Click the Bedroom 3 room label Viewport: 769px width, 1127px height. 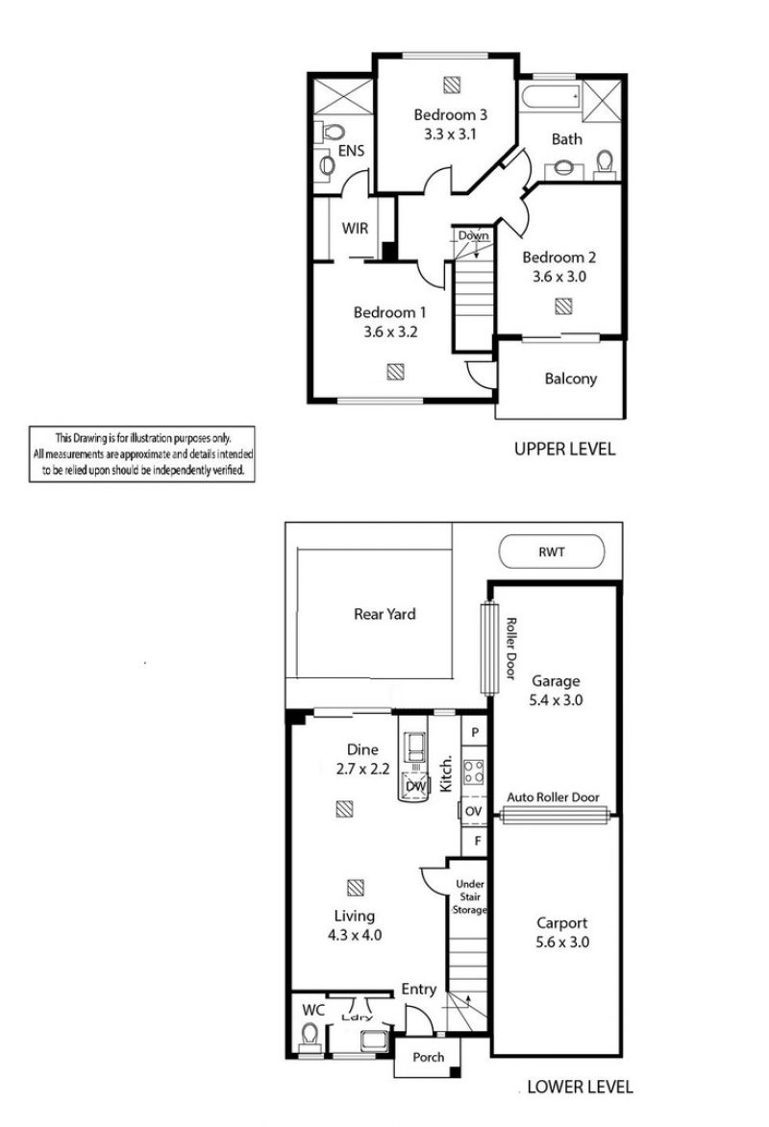pyautogui.click(x=450, y=115)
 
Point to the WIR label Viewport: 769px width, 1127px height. pyautogui.click(x=355, y=229)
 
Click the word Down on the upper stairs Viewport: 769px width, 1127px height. pyautogui.click(x=473, y=235)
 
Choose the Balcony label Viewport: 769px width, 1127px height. pyautogui.click(x=570, y=379)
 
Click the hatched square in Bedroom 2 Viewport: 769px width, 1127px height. pyautogui.click(x=563, y=306)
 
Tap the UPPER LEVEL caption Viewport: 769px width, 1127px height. pyautogui.click(x=564, y=450)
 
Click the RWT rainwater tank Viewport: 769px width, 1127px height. pyautogui.click(x=552, y=552)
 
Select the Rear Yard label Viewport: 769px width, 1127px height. pyautogui.click(x=384, y=614)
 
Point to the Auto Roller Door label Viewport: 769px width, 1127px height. pyautogui.click(x=553, y=797)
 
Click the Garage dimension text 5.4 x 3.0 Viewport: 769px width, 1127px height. pyautogui.click(x=556, y=700)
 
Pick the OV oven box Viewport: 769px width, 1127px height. pyautogui.click(x=473, y=811)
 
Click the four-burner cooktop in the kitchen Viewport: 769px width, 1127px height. pyautogui.click(x=473, y=772)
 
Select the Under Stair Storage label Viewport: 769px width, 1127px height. pyautogui.click(x=470, y=897)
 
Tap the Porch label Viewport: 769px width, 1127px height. pyautogui.click(x=428, y=1057)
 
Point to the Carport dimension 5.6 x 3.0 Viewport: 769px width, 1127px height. pyautogui.click(x=562, y=943)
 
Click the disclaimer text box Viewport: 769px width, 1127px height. pyautogui.click(x=141, y=454)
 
